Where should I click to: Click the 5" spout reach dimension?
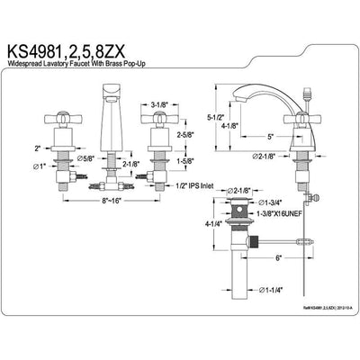point(272,137)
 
